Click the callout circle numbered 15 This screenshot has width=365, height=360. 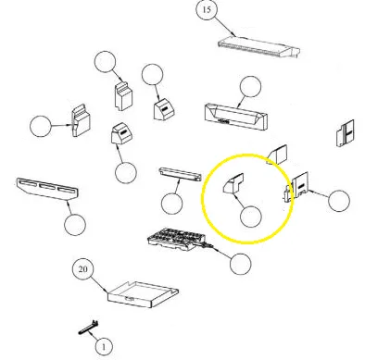click(x=207, y=9)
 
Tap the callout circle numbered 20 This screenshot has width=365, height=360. click(x=82, y=269)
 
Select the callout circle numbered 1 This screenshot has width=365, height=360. click(x=104, y=347)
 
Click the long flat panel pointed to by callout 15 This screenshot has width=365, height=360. click(x=258, y=46)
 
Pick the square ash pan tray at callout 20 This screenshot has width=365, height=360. click(x=144, y=294)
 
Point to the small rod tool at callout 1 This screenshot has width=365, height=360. click(x=89, y=328)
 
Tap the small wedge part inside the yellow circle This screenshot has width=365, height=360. click(x=233, y=184)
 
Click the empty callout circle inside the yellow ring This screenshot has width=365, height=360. click(x=251, y=217)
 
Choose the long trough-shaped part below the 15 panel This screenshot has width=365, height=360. click(x=236, y=117)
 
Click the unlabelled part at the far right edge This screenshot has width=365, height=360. click(x=345, y=133)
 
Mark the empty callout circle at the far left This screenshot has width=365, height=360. click(x=41, y=126)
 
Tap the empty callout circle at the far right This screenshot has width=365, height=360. click(x=339, y=201)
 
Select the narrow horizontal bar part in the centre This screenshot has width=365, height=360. click(x=180, y=175)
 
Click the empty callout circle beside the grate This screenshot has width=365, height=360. click(x=241, y=264)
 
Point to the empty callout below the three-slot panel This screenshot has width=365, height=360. click(x=75, y=225)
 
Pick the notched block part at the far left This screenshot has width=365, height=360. click(x=81, y=120)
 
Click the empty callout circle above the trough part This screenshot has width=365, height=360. click(x=250, y=87)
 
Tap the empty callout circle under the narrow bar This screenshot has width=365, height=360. click(x=172, y=204)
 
